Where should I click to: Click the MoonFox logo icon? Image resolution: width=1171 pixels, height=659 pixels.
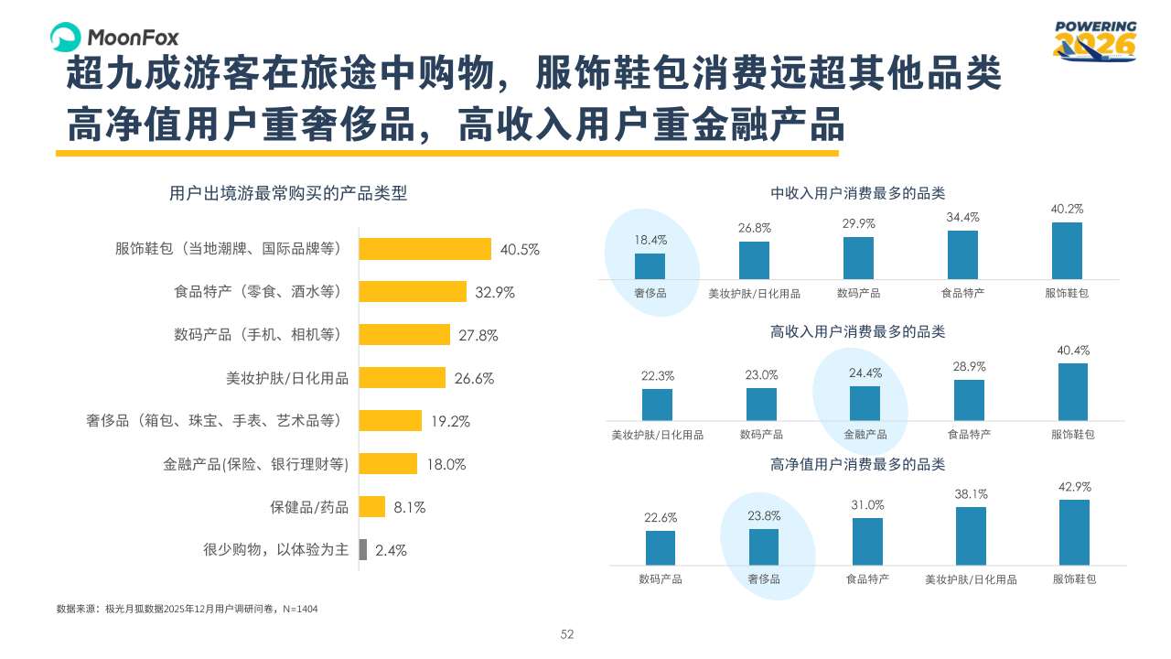tap(67, 37)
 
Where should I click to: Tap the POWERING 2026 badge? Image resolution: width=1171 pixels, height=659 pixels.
tap(1094, 41)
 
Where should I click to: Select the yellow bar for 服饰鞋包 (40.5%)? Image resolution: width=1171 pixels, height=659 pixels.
tap(424, 249)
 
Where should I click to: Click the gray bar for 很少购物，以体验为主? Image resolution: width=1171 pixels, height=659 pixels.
tap(362, 550)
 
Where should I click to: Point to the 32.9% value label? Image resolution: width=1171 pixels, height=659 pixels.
tap(495, 293)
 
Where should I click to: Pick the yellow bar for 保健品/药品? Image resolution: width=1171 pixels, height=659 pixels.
tap(371, 507)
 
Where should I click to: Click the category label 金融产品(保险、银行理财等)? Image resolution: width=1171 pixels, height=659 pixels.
tap(256, 464)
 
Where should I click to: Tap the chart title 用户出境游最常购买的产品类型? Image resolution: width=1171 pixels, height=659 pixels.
tap(288, 193)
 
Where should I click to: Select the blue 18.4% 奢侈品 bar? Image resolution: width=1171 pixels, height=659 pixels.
tap(650, 266)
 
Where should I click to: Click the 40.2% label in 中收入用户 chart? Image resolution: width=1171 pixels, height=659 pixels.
tap(1067, 209)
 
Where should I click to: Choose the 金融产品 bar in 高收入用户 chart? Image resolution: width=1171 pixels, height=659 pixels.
tap(865, 404)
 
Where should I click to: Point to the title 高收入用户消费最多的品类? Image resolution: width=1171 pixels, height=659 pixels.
tap(857, 331)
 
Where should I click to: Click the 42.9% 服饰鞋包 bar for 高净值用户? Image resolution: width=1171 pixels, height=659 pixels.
tap(1074, 532)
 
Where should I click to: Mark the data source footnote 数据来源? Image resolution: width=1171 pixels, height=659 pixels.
tap(187, 609)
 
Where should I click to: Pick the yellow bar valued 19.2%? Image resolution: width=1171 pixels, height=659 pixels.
tap(390, 421)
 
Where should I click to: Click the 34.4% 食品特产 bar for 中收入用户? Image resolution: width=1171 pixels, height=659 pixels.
tap(962, 254)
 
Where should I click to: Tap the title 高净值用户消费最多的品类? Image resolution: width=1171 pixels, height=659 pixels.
tap(857, 465)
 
